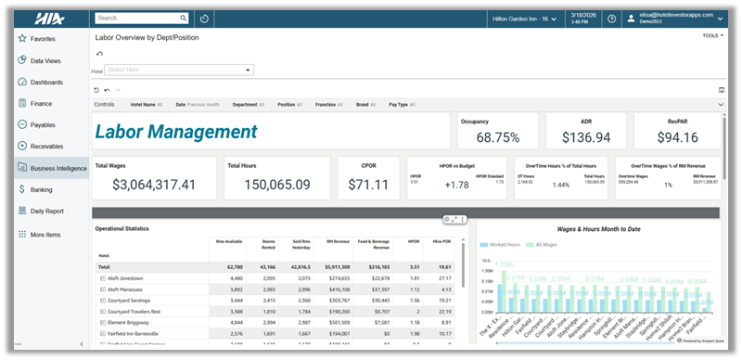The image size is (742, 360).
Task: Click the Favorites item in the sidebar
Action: tap(43, 39)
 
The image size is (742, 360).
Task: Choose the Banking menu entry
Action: tap(41, 189)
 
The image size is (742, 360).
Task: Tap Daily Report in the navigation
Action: tap(46, 211)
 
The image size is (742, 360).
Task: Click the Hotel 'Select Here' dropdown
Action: tap(179, 70)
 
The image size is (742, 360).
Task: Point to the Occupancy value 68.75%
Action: tap(497, 137)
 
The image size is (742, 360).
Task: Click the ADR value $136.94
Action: tap(586, 137)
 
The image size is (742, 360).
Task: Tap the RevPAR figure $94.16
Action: tap(677, 137)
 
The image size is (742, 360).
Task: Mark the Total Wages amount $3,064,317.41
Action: tap(154, 185)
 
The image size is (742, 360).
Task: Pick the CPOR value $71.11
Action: tap(369, 185)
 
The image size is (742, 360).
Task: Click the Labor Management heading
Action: tap(175, 134)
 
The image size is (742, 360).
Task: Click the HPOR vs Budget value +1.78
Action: tap(457, 185)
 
